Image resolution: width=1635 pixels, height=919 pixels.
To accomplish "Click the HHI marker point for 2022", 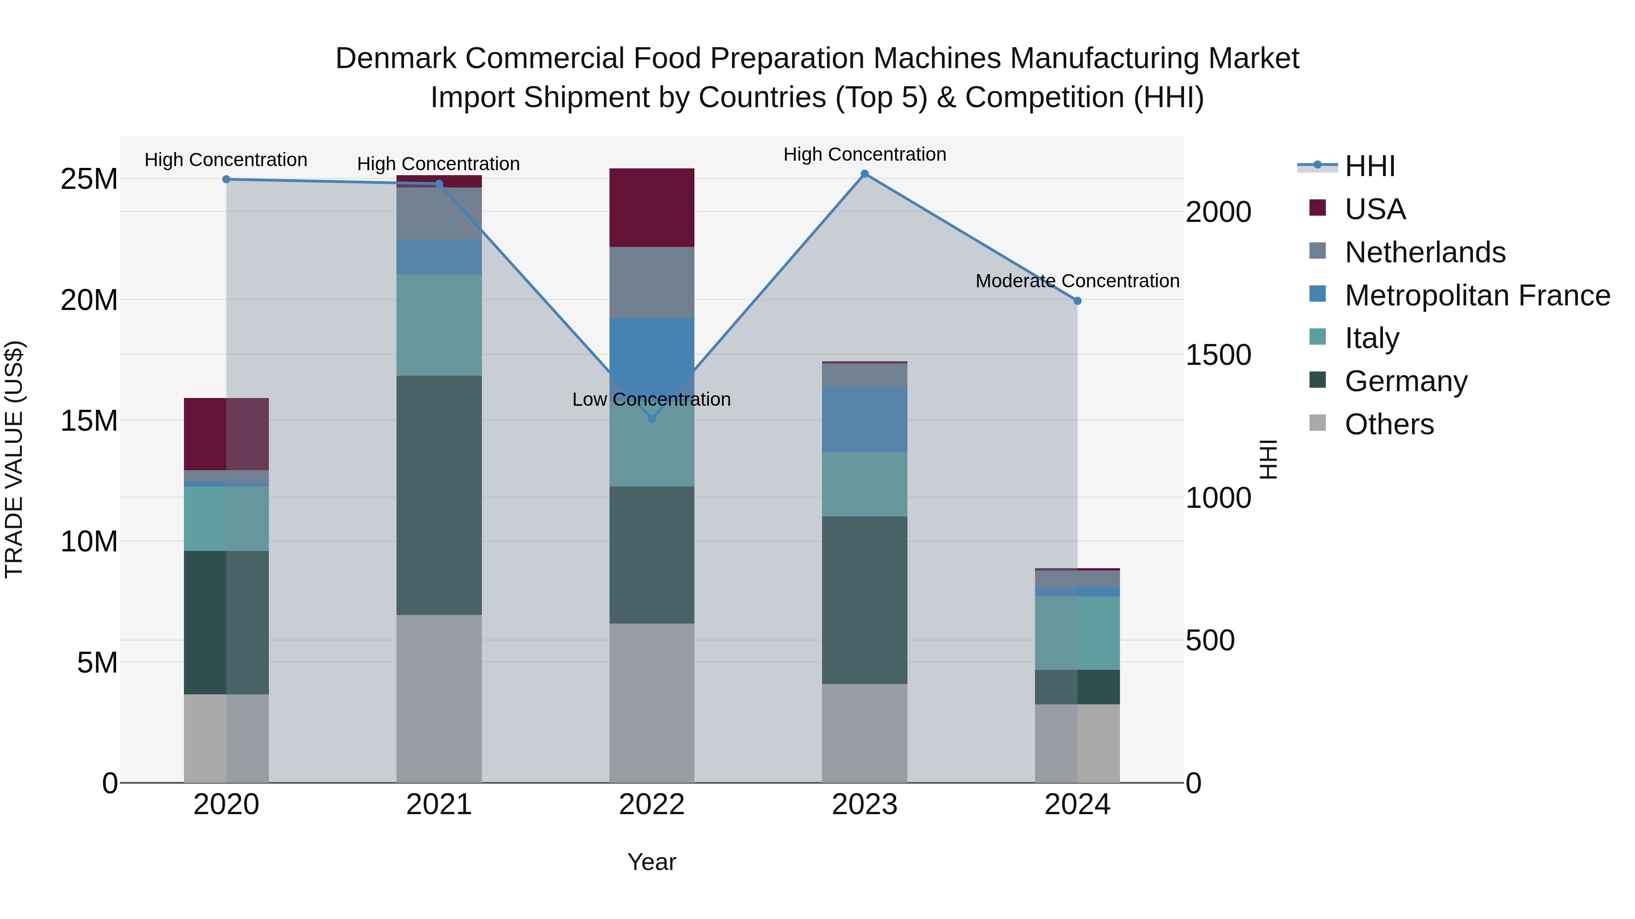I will pos(651,418).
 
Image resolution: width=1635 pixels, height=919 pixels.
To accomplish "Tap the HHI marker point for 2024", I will pos(1077,300).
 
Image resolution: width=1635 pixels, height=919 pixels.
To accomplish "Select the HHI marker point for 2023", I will pos(864,174).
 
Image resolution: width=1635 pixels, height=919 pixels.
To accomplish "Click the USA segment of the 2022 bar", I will pos(651,207).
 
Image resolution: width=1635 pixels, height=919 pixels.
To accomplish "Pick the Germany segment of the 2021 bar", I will pos(439,495).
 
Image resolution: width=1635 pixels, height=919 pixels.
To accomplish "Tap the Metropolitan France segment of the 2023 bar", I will pos(864,419).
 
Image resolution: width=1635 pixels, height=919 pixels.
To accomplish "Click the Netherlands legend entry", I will pos(1424,252).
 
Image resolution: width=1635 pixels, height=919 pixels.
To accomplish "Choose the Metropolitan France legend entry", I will pos(1476,295).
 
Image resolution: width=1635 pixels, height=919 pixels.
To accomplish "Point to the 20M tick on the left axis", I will pos(89,300).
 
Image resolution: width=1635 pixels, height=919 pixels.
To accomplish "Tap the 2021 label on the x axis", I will pos(439,805).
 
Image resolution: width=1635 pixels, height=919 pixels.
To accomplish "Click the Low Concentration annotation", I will pos(651,399).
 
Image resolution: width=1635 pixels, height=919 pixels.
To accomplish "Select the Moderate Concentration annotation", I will pos(1077,281).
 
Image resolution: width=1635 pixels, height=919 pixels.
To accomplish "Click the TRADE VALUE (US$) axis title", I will pos(14,459).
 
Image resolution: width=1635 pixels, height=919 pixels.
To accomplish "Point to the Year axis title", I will pos(651,862).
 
